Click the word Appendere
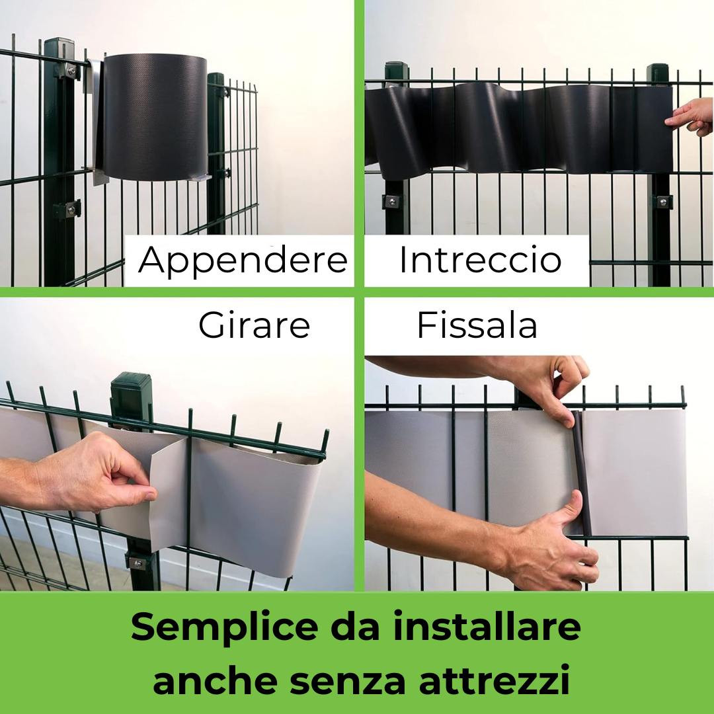point(243,260)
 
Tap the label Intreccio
point(480,260)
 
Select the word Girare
point(255,325)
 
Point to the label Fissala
point(477,326)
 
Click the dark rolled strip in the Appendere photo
point(155,117)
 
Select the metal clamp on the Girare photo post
point(137,563)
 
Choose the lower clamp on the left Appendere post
point(67,210)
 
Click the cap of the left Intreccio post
point(395,67)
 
